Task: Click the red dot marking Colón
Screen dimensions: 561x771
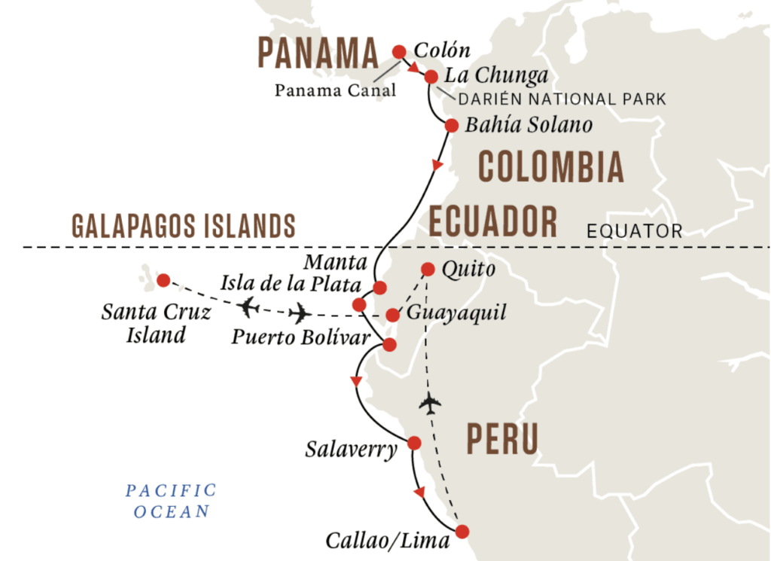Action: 399,51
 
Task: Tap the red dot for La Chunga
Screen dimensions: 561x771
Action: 431,77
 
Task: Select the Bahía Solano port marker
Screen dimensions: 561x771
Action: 451,126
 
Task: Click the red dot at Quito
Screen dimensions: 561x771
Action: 428,268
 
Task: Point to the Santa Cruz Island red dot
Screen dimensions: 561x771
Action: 163,281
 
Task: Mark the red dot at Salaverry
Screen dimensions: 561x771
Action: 413,443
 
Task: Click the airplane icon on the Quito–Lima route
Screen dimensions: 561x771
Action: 430,404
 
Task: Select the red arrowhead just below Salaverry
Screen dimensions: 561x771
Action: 419,492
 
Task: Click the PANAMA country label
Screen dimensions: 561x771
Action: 318,53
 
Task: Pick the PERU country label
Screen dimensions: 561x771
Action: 502,438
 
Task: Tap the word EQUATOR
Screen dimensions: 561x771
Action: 635,230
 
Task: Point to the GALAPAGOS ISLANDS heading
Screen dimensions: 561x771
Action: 182,224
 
